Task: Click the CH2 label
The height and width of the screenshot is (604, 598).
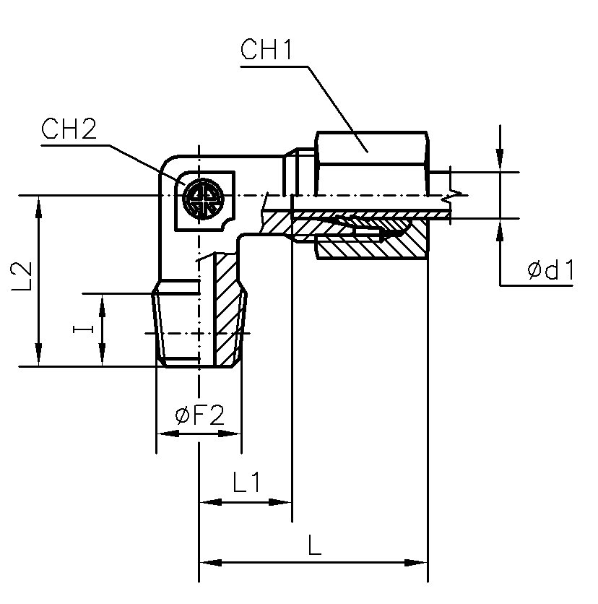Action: [69, 130]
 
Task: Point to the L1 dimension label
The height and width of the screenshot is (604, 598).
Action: [246, 482]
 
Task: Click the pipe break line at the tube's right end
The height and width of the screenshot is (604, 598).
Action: [453, 194]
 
